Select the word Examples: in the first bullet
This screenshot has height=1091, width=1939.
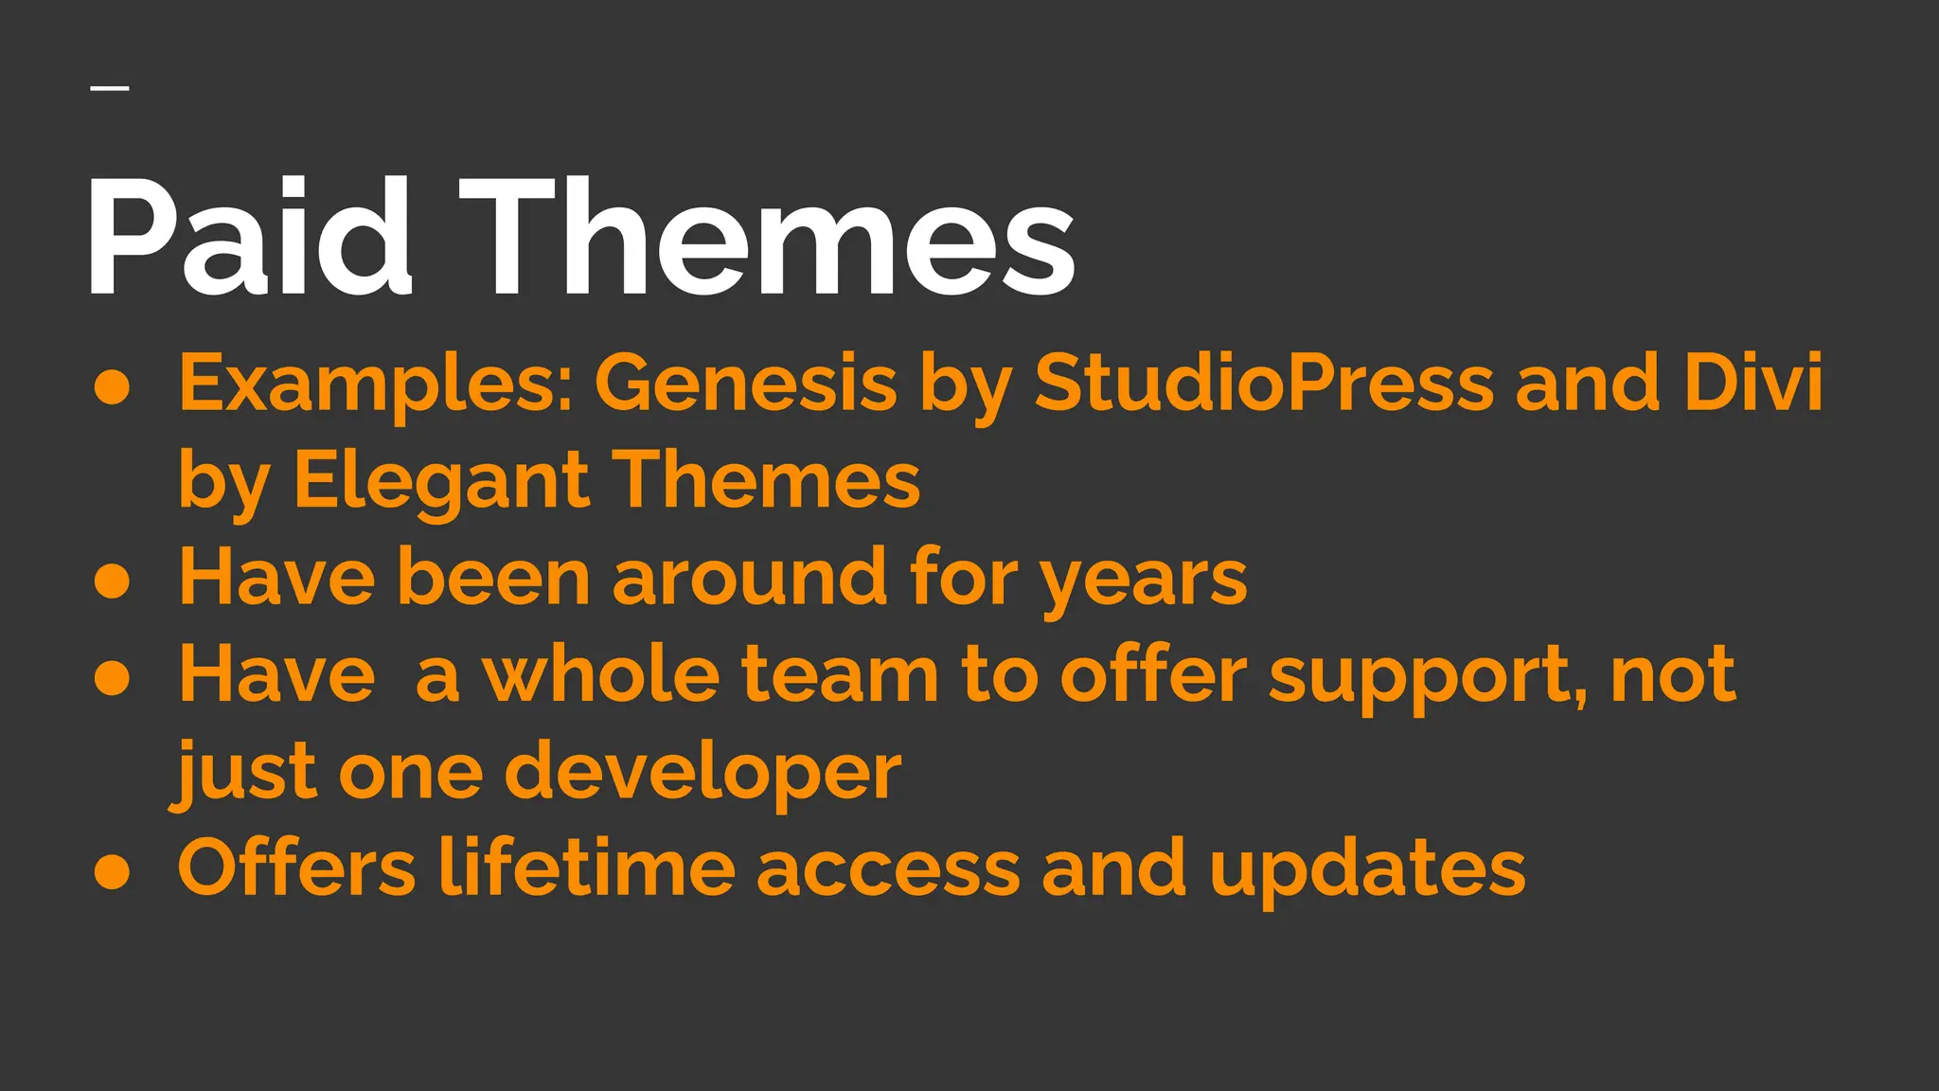(x=376, y=384)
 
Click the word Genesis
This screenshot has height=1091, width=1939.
(x=745, y=384)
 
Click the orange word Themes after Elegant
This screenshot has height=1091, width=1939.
(x=769, y=481)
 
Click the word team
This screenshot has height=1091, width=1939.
(x=840, y=674)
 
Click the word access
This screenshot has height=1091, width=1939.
(x=888, y=869)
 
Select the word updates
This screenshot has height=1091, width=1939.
(x=1367, y=869)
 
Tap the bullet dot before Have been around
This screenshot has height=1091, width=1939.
(x=113, y=580)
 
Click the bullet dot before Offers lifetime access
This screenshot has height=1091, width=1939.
(x=113, y=871)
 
